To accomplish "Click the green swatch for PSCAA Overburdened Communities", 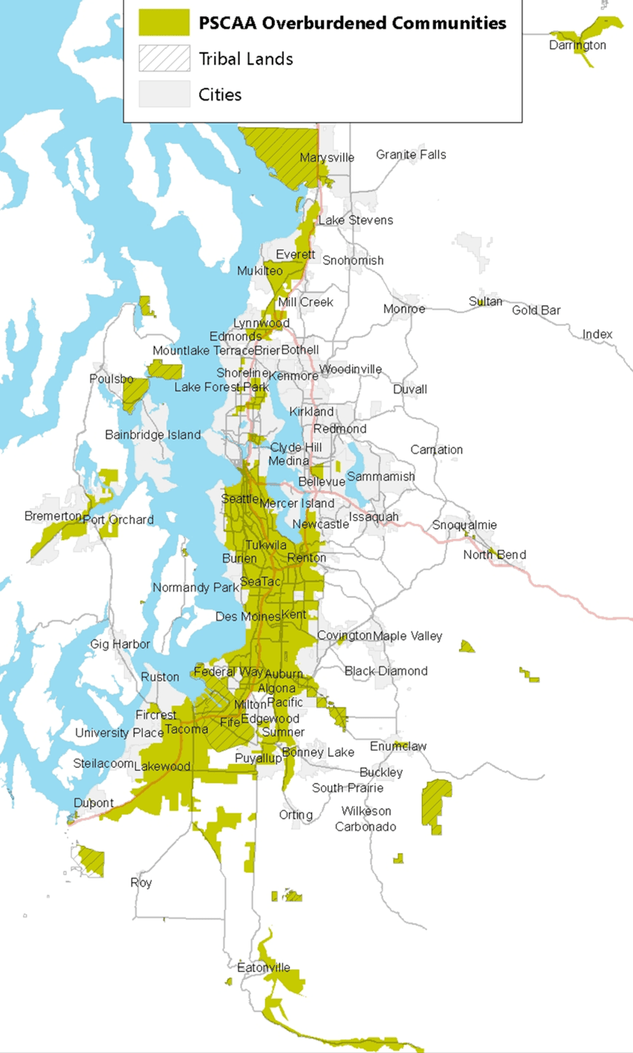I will click(164, 23).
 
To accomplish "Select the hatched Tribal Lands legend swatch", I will click(164, 59).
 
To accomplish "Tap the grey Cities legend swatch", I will click(164, 94).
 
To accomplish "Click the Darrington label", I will click(577, 45).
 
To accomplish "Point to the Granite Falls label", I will click(411, 154).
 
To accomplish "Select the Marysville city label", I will click(327, 157).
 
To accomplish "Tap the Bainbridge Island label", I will click(152, 434).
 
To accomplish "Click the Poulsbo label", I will click(111, 379).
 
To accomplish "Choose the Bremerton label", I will click(53, 515).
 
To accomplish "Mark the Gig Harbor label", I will click(120, 644).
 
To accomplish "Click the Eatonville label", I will click(264, 968).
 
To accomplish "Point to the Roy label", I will click(141, 882).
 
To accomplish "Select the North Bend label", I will click(494, 555).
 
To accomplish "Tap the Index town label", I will click(597, 334).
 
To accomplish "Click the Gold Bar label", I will click(536, 310).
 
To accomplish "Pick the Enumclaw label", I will click(398, 746).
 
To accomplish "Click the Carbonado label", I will click(365, 827).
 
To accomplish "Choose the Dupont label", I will click(94, 803).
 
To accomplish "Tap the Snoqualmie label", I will click(464, 525).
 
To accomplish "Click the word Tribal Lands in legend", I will click(245, 59).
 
